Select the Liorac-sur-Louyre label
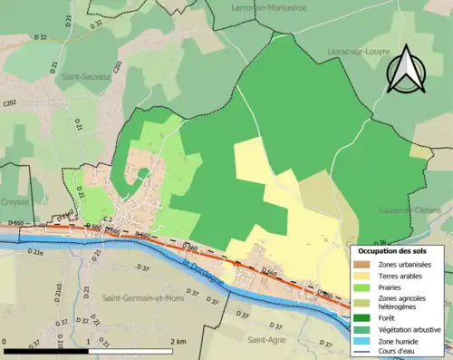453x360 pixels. coord(352,54)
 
